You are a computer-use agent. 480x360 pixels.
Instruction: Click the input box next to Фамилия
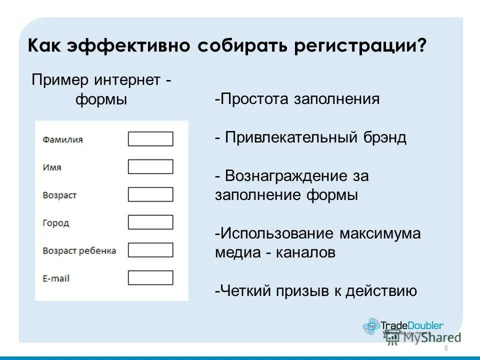click(150, 139)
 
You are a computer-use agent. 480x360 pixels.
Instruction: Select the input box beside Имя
click(150, 166)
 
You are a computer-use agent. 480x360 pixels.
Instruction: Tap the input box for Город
click(150, 222)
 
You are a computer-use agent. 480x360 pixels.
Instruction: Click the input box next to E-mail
click(150, 277)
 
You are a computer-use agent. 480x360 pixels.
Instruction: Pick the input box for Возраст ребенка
click(150, 249)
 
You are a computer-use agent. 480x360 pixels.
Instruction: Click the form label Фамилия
click(62, 140)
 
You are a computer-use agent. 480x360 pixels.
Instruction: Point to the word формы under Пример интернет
click(101, 99)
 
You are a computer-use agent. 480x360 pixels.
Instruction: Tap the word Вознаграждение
click(286, 176)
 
